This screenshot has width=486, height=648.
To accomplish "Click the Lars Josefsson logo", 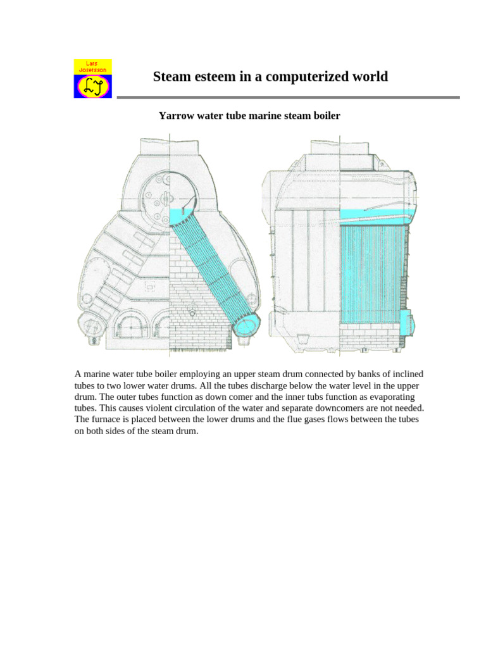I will pyautogui.click(x=93, y=78).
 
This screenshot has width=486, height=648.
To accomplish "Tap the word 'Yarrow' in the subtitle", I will pyautogui.click(x=177, y=116).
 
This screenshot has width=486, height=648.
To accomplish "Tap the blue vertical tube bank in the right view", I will pyautogui.click(x=372, y=272).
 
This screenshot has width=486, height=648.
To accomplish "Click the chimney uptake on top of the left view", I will pyautogui.click(x=171, y=152).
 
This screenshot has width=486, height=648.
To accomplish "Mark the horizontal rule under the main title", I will pyautogui.click(x=288, y=97).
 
